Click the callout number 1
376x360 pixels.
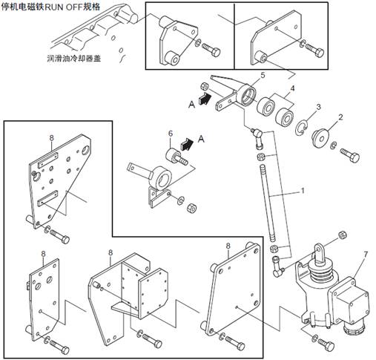click(x=302, y=191)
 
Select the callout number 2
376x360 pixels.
click(x=340, y=117)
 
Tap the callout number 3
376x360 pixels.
click(x=319, y=107)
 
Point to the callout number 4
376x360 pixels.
click(x=292, y=88)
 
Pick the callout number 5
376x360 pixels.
click(x=263, y=75)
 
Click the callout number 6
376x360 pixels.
click(x=171, y=134)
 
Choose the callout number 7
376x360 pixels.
click(x=366, y=254)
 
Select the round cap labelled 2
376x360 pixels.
click(x=320, y=139)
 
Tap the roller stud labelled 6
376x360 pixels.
click(x=177, y=157)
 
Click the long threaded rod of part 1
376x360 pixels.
click(x=268, y=203)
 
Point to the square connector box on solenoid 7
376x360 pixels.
click(x=349, y=301)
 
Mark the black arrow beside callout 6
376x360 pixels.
click(x=187, y=144)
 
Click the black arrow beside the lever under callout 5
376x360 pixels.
click(x=205, y=99)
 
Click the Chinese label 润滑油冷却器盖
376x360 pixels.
click(x=74, y=59)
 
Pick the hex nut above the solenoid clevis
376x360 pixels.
click(x=343, y=235)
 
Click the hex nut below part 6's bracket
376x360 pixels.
click(x=191, y=208)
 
